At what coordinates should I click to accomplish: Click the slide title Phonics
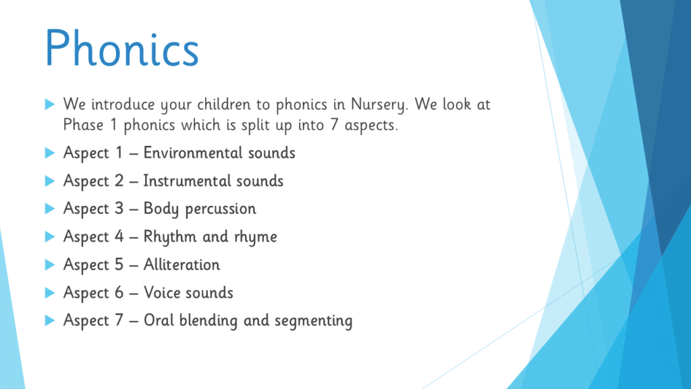pos(122,49)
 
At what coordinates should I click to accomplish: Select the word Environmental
pos(193,153)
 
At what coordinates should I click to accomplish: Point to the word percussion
pos(221,209)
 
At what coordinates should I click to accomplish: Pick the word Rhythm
pos(170,237)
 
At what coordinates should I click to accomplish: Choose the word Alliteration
pos(182,265)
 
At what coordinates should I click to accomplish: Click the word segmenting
pos(313,321)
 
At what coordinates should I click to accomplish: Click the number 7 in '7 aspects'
pos(335,125)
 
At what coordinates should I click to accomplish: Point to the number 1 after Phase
pos(113,125)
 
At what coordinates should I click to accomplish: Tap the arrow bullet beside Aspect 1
pos(50,153)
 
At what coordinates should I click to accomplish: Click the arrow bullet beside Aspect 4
pos(50,237)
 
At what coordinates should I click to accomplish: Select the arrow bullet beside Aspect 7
pos(50,321)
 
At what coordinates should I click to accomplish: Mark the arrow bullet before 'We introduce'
pos(50,105)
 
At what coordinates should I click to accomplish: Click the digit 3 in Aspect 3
pos(119,209)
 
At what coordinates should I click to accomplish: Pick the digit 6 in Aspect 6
pos(119,292)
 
